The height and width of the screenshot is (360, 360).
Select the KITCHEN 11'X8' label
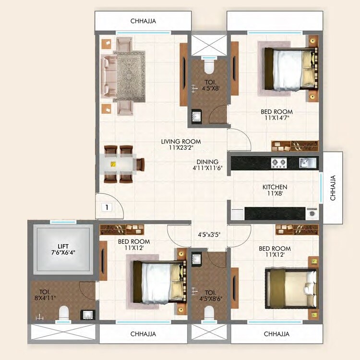(275, 191)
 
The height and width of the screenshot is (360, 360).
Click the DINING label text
(207, 162)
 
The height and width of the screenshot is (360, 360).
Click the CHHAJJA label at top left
(144, 21)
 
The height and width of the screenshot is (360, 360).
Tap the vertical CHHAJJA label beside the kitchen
(333, 187)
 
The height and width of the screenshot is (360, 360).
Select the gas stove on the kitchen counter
(279, 163)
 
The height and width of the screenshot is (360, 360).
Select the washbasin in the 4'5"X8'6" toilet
(197, 259)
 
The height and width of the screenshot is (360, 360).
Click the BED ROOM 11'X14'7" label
(277, 115)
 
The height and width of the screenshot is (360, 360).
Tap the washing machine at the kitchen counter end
(312, 213)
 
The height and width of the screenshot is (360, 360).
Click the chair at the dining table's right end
(140, 165)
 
